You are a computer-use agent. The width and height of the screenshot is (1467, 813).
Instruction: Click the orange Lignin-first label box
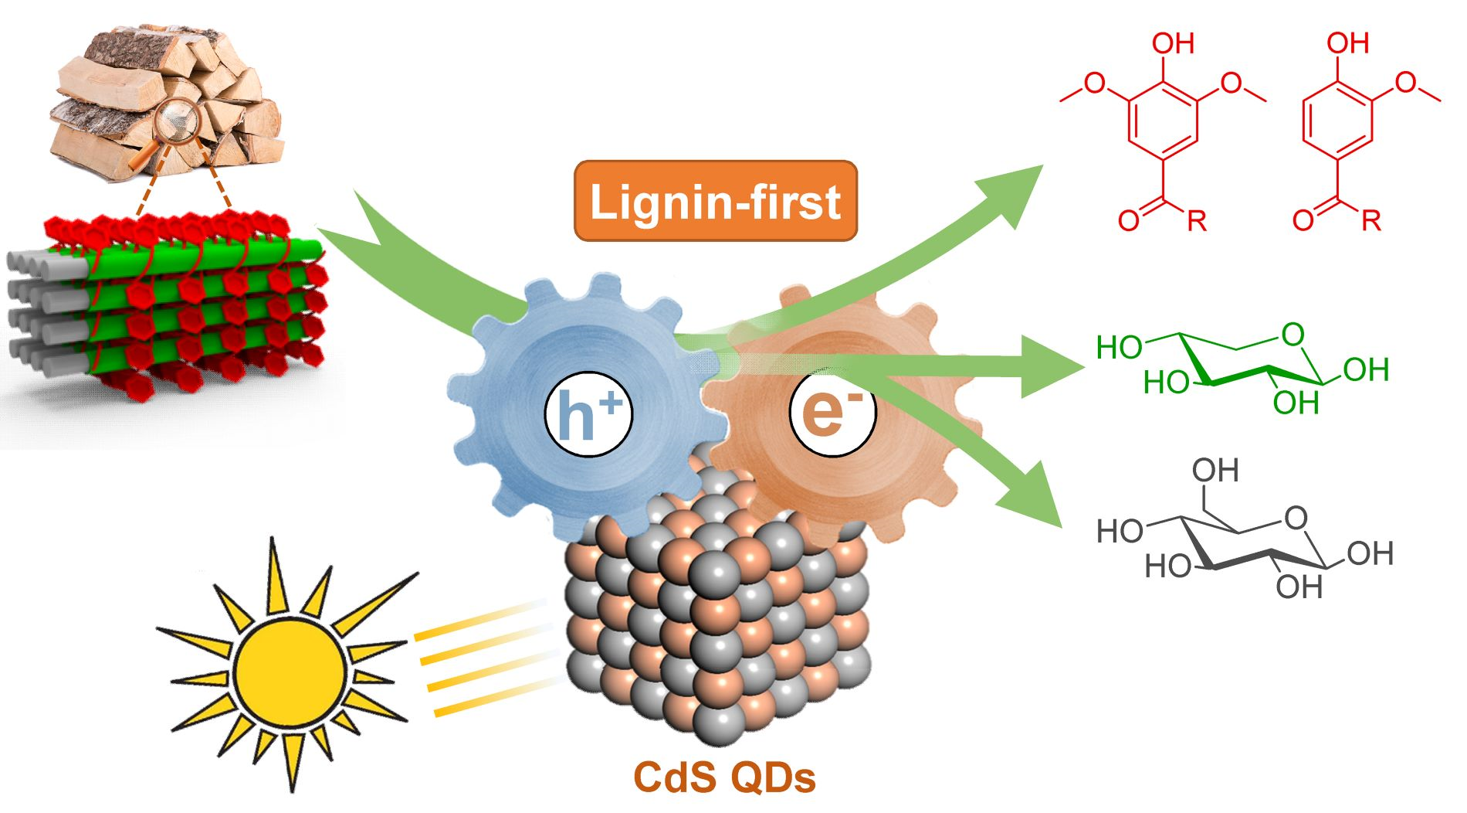tap(715, 201)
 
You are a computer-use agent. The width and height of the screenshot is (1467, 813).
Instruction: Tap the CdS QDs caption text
tap(724, 777)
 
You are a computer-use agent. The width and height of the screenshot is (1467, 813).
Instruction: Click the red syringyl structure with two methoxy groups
tap(1164, 131)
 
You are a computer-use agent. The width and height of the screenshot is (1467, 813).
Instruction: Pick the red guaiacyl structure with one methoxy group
tap(1351, 131)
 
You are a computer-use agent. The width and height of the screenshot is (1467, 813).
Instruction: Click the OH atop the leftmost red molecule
tap(1173, 43)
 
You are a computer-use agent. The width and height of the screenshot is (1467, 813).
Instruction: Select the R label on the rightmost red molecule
tap(1370, 221)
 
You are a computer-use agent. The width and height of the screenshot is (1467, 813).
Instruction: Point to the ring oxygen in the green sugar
tap(1293, 335)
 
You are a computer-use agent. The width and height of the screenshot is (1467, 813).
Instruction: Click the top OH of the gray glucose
tap(1215, 470)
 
